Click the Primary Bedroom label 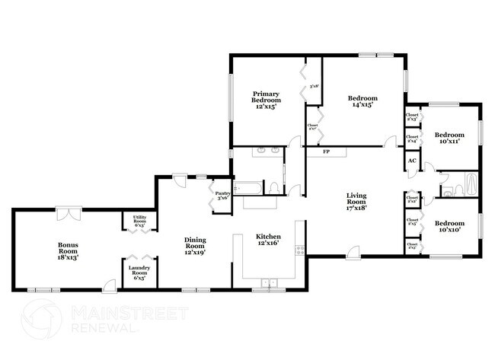[x=267, y=101]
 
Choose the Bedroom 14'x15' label [x=362, y=101]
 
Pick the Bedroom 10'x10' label [x=450, y=228]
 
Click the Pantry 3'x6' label [x=223, y=196]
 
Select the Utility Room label [x=139, y=221]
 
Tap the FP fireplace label [x=327, y=151]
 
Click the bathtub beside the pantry [x=247, y=186]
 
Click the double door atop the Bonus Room [x=69, y=212]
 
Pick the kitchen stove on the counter [x=302, y=248]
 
